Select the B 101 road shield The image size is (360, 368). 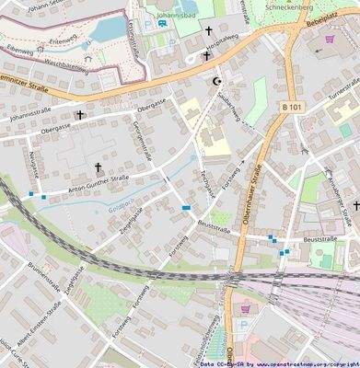tap(291, 108)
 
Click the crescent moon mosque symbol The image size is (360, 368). tap(217, 81)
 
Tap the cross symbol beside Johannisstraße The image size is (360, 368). tap(80, 116)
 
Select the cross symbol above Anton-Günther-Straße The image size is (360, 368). tap(99, 167)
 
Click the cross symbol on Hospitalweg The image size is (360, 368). tap(207, 56)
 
